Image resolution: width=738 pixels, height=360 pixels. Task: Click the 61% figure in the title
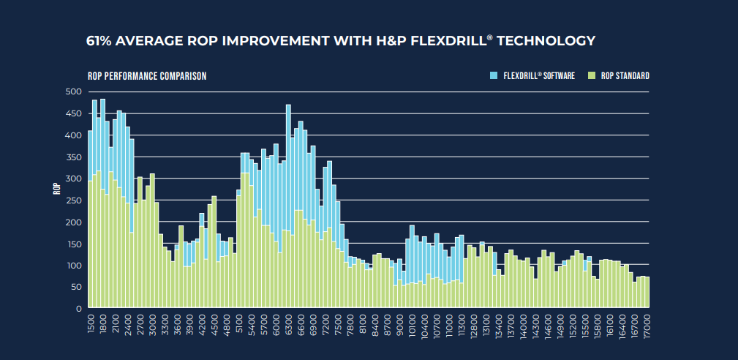click(99, 41)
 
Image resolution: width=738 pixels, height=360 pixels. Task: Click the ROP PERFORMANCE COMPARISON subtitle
click(147, 76)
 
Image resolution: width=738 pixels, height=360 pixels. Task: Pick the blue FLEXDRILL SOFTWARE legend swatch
click(494, 75)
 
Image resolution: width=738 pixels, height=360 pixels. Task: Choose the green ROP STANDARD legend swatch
click(592, 75)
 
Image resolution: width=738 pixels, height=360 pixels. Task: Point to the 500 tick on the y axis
click(74, 91)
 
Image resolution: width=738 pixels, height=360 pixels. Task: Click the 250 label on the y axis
click(74, 200)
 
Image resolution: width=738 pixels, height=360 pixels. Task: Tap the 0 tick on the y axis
click(78, 309)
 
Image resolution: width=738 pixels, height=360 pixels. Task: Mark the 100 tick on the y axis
click(74, 266)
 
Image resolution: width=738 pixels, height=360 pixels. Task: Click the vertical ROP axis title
click(57, 188)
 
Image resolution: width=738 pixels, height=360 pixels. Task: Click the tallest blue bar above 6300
click(288, 167)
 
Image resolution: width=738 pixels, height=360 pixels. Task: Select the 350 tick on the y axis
click(74, 157)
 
